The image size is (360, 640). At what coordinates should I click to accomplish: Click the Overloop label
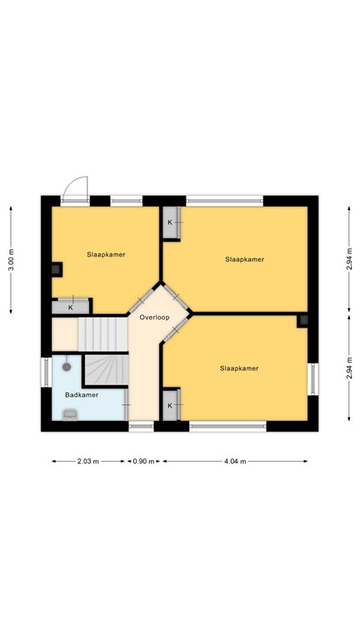pos(154,317)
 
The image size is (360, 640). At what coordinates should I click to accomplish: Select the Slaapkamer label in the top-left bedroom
pos(106,254)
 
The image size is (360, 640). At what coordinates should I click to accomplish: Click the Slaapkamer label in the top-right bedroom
pos(244,259)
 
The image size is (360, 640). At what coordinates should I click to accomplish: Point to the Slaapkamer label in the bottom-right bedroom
pos(239,367)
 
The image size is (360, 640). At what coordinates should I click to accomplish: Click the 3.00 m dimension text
pos(11,260)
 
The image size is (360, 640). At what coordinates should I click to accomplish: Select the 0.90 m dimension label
pos(144,461)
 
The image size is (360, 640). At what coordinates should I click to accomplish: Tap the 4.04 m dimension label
pos(235,461)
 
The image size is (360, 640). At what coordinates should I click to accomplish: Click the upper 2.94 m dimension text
pos(350,259)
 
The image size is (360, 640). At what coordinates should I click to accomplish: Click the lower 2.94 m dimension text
pos(350,367)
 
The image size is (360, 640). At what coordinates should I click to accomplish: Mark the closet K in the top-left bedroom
pos(71,307)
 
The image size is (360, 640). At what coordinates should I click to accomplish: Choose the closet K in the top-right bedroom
pos(170,222)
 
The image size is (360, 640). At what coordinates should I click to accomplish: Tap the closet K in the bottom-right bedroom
pos(170,405)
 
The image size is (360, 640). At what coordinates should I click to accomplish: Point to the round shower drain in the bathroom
pos(66,366)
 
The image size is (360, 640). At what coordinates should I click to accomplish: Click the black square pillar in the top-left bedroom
pos(56,269)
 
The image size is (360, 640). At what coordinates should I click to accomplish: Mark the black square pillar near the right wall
pos(303,319)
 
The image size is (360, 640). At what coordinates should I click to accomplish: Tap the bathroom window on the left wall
pos(47,372)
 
